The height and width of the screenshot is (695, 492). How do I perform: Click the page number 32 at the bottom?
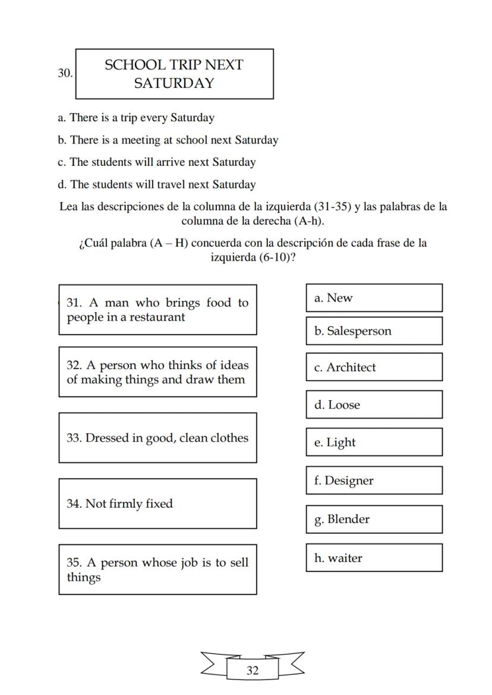click(x=253, y=671)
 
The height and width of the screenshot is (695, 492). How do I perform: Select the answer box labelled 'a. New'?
click(x=374, y=298)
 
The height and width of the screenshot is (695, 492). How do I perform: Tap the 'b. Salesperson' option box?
click(x=374, y=331)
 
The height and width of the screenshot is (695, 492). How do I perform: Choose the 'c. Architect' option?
click(x=374, y=367)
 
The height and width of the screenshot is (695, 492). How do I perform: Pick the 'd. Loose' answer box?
click(x=374, y=405)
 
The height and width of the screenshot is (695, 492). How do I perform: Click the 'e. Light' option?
click(x=374, y=442)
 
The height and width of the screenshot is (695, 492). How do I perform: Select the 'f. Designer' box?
click(x=374, y=480)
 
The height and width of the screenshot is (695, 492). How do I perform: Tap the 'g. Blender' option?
click(x=374, y=519)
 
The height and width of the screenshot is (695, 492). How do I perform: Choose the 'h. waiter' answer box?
click(x=374, y=558)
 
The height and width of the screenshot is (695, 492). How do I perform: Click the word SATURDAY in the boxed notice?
click(x=174, y=83)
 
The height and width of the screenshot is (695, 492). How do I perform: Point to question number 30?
click(x=65, y=73)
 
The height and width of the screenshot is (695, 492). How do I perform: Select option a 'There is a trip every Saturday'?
click(x=136, y=118)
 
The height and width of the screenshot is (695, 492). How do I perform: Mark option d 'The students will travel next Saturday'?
click(x=157, y=184)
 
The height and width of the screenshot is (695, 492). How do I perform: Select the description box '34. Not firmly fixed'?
click(x=157, y=504)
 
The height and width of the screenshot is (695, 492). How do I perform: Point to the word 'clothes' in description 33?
click(x=228, y=438)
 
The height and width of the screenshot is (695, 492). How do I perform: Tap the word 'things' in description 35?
click(x=84, y=577)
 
